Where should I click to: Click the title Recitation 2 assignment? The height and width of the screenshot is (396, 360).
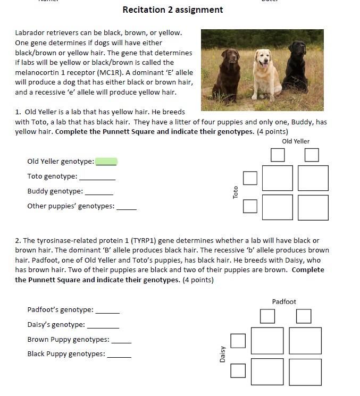[x=172, y=10]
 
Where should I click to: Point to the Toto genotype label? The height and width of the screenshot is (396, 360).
[x=52, y=176]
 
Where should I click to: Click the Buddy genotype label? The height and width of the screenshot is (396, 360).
[x=55, y=191]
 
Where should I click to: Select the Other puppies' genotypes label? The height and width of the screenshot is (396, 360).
[x=71, y=206]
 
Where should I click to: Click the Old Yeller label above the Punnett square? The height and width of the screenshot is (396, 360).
[x=296, y=141]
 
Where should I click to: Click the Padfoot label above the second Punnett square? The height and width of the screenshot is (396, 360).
[x=284, y=302]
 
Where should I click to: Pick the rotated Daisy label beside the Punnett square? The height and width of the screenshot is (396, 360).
[x=222, y=355]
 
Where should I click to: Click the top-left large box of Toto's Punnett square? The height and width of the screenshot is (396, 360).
[x=277, y=178]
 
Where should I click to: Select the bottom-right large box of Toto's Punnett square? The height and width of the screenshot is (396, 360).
[x=313, y=207]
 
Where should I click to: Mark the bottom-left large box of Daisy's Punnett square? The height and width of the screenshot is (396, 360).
[x=267, y=371]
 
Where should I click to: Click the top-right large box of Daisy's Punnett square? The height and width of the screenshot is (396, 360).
[x=305, y=340]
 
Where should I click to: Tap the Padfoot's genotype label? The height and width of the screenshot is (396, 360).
[x=60, y=310]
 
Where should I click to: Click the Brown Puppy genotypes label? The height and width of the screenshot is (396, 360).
[x=68, y=340]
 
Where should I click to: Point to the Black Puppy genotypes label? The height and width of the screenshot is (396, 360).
[x=66, y=354]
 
